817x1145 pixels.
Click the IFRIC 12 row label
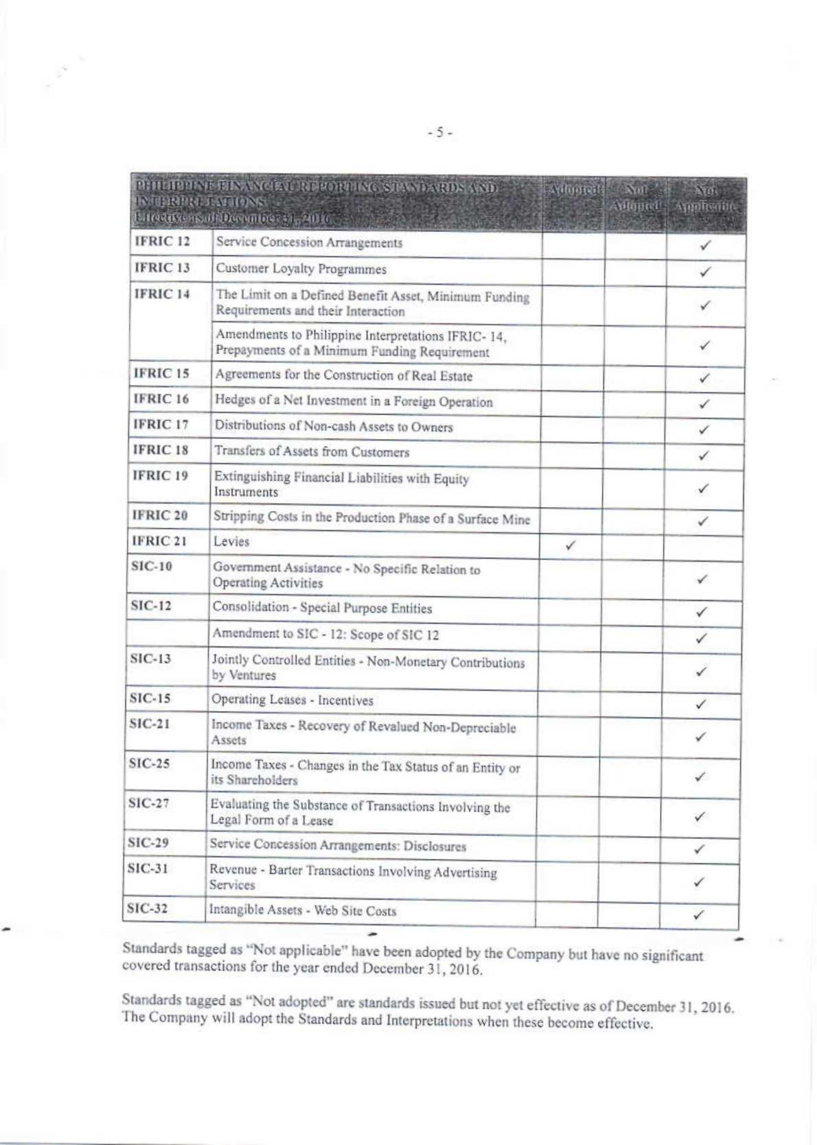tap(161, 241)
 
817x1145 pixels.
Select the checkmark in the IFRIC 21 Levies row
tap(570, 545)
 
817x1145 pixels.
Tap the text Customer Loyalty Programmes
tap(301, 269)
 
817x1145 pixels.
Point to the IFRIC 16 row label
tap(161, 399)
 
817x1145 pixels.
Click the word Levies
tap(231, 542)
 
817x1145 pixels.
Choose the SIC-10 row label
tap(151, 567)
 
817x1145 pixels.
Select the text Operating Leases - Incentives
tap(292, 700)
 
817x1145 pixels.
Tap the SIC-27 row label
tap(149, 803)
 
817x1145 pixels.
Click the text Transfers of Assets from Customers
tap(312, 452)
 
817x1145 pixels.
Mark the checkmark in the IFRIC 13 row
tap(704, 272)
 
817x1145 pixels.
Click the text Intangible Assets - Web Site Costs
tap(302, 911)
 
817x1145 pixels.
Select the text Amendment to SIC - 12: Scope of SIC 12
tap(325, 635)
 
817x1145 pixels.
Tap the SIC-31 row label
tap(148, 869)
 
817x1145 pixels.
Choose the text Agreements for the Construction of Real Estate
tap(343, 376)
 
